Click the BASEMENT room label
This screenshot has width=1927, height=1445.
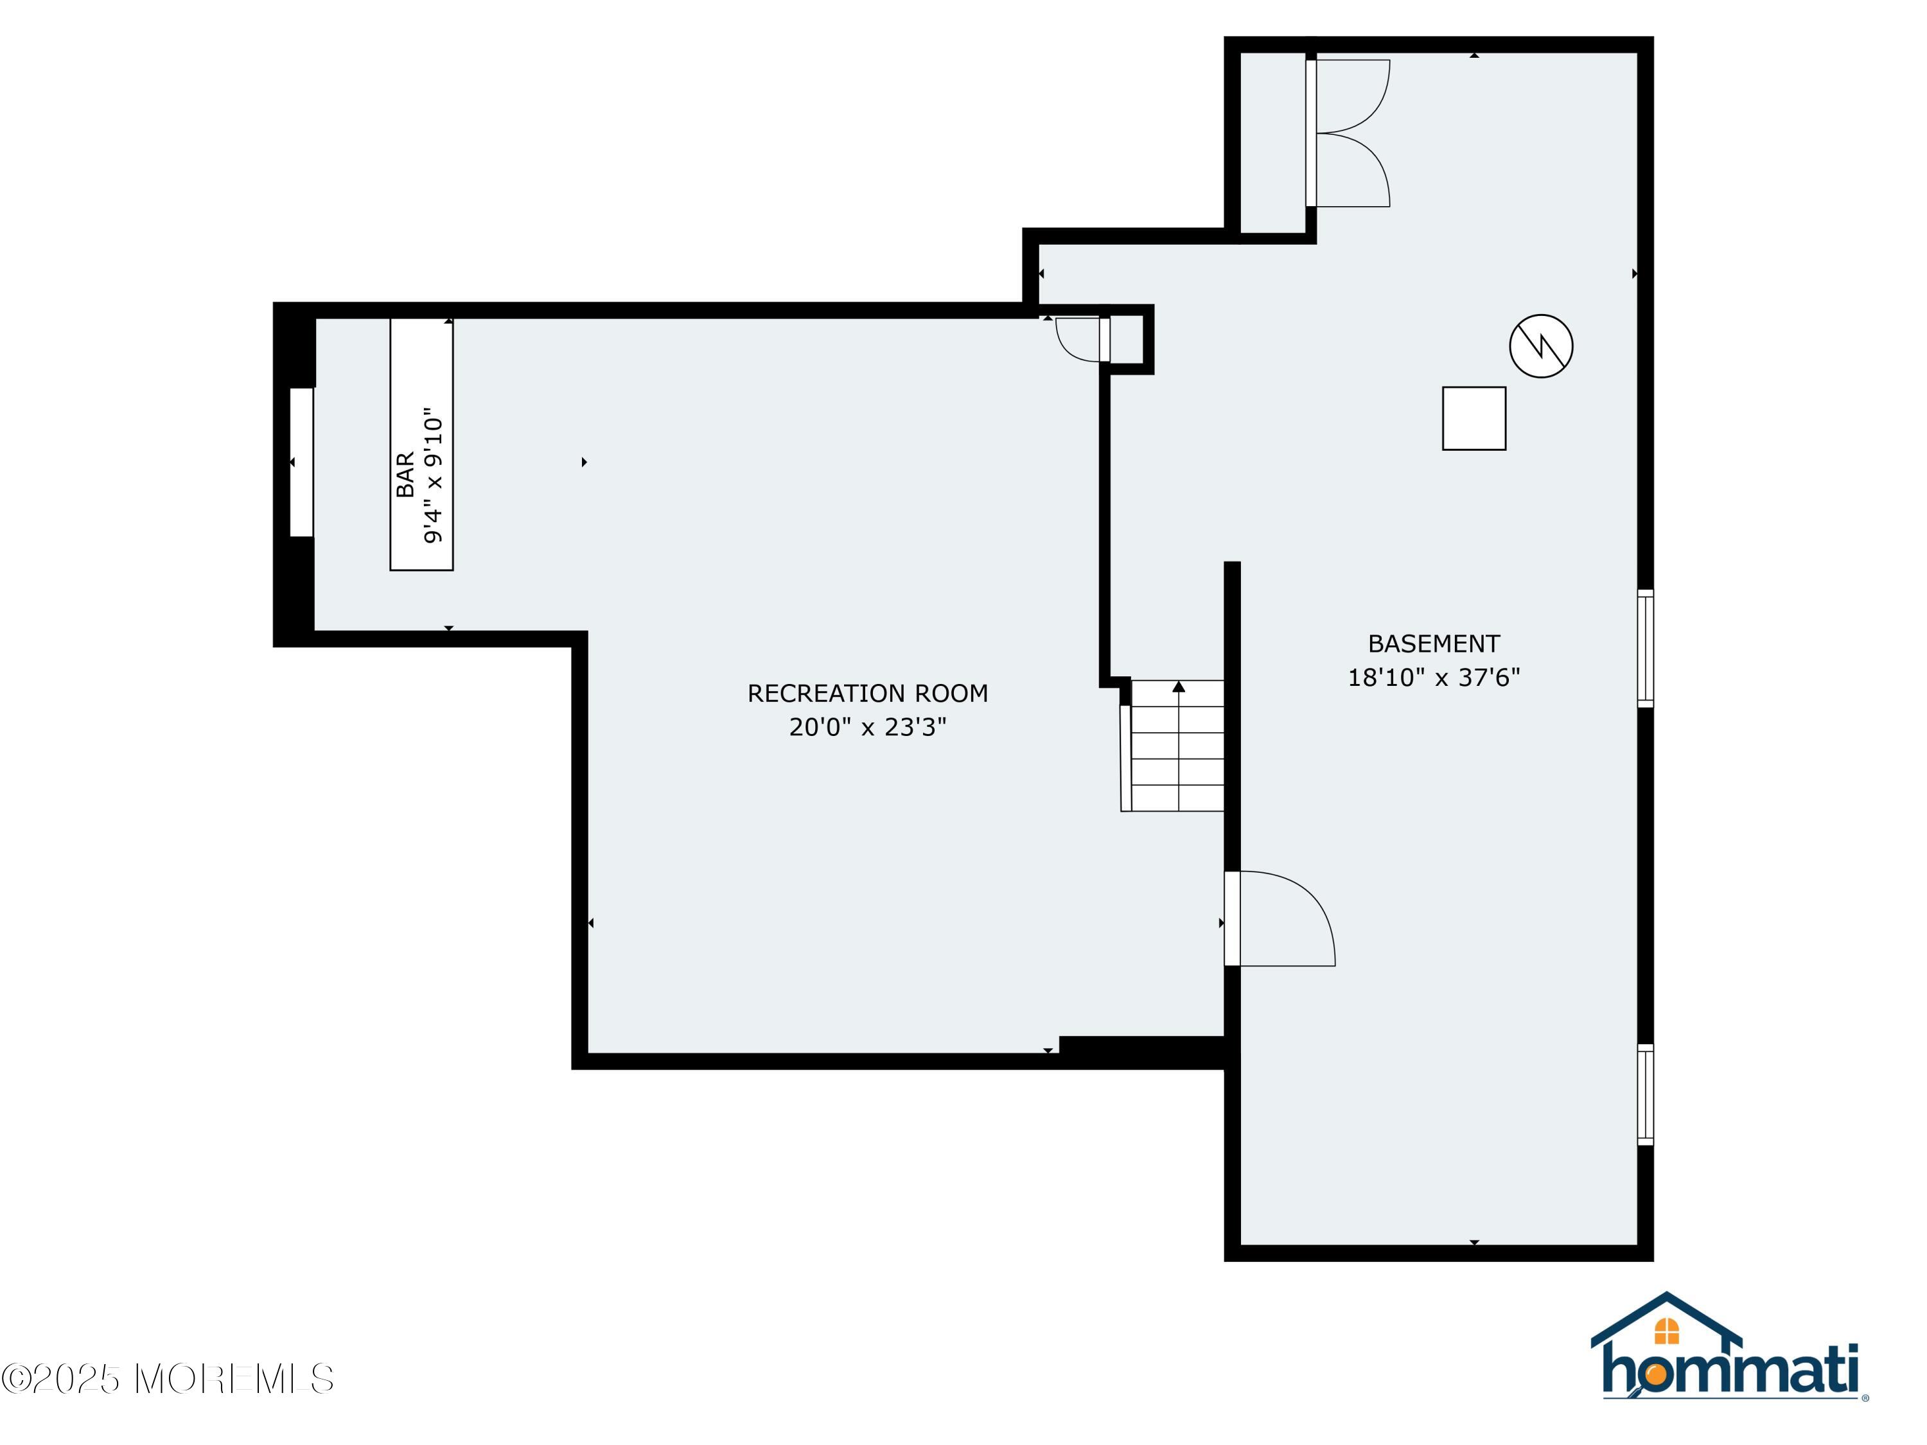1434,644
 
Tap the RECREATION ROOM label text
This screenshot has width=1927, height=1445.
868,694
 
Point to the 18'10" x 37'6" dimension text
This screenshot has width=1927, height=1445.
1434,678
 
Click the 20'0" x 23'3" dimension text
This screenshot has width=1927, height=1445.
868,726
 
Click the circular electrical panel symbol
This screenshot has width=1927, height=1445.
1541,346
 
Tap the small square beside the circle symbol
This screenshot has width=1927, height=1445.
1474,418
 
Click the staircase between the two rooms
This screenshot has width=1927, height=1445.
1172,746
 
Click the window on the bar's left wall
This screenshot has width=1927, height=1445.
301,462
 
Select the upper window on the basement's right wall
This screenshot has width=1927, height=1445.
1646,648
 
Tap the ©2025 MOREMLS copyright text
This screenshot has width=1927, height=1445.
167,1379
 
